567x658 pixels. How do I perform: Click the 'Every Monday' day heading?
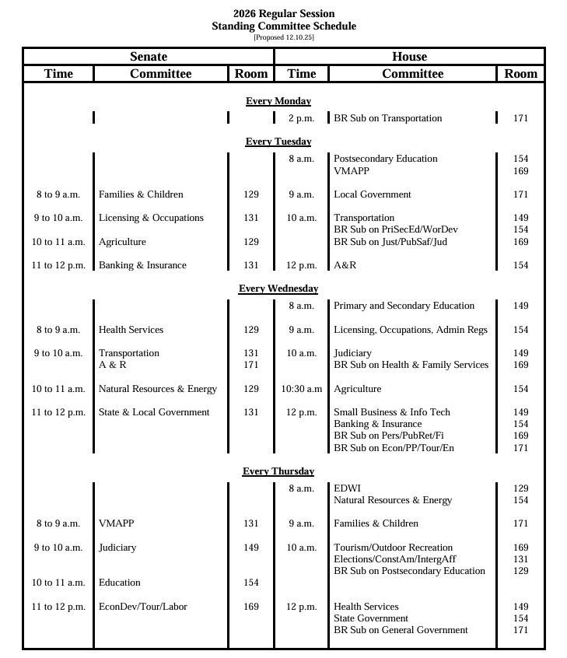[x=278, y=101]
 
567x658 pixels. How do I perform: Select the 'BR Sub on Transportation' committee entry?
[x=387, y=118]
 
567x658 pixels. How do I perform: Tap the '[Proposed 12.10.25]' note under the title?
[x=284, y=37]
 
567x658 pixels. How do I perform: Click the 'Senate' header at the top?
[x=148, y=57]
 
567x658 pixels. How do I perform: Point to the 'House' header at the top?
[x=409, y=57]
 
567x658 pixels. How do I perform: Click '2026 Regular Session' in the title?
[x=284, y=14]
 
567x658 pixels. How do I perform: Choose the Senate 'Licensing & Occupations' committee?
[x=151, y=218]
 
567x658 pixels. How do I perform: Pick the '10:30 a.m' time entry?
[x=302, y=389]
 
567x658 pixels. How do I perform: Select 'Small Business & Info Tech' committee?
[x=391, y=412]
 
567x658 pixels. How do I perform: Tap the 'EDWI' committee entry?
[x=347, y=488]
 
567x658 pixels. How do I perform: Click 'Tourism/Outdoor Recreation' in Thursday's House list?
[x=392, y=548]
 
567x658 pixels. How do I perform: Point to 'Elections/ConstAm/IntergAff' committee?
[x=394, y=559]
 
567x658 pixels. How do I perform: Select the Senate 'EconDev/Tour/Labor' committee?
[x=142, y=607]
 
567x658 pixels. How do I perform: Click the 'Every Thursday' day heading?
[x=278, y=471]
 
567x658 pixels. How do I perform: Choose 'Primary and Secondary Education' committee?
[x=404, y=306]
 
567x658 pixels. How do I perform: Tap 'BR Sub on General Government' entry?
[x=401, y=630]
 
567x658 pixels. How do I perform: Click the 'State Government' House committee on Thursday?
[x=370, y=618]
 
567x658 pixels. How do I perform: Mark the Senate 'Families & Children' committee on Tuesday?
[x=141, y=194]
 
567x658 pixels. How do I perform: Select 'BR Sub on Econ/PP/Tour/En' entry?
[x=394, y=448]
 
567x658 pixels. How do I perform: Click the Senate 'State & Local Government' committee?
[x=154, y=412]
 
